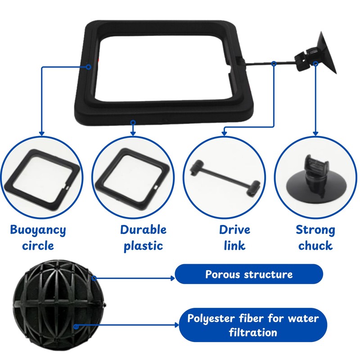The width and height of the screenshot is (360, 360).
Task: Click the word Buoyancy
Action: (x=38, y=230)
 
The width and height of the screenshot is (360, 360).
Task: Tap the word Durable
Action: (x=143, y=230)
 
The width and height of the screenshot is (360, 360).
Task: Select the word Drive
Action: (x=234, y=230)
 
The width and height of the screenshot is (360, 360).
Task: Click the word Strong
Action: (x=315, y=230)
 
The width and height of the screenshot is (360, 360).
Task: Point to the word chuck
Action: (x=315, y=246)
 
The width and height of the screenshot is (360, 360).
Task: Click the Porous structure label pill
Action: (x=249, y=274)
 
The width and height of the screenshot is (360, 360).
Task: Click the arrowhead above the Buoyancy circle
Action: (x=42, y=133)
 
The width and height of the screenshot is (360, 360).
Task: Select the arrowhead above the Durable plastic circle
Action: (x=133, y=133)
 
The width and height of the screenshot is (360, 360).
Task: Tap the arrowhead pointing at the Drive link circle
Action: (x=224, y=133)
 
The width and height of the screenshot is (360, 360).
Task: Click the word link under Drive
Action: (x=234, y=246)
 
